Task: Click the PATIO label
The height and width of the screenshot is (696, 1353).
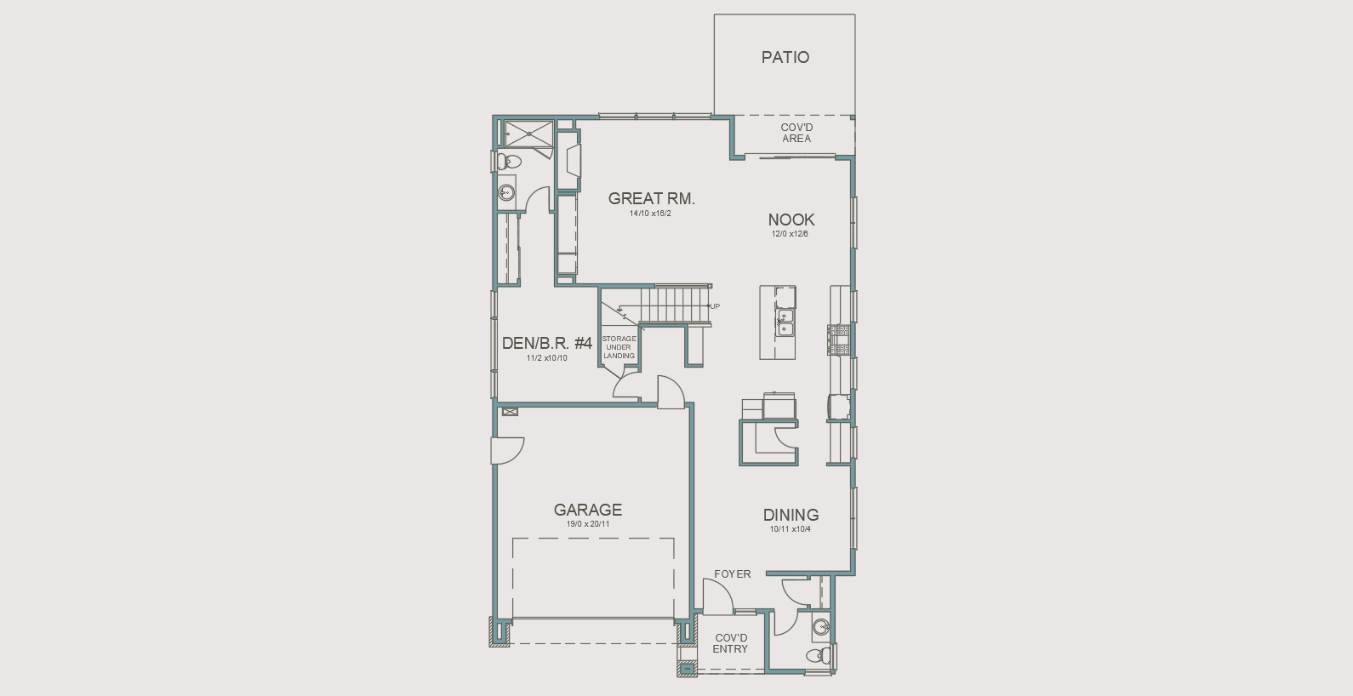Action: coord(785,58)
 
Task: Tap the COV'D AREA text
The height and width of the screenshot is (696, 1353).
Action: coord(796,134)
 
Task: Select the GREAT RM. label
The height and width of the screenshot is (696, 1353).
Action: coord(651,199)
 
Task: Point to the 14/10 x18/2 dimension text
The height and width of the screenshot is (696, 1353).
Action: coord(650,214)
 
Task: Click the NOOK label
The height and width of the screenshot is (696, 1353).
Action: coord(791,220)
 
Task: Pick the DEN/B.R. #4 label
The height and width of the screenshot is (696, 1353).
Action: coord(546,344)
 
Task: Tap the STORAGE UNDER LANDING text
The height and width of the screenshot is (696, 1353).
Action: coord(619,347)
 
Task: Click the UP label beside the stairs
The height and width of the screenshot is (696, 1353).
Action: coord(715,306)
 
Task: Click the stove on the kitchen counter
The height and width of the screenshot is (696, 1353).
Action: coord(839,339)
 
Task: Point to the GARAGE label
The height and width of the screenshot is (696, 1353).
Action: coord(587,511)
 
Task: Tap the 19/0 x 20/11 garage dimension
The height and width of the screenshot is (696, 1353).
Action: coord(587,524)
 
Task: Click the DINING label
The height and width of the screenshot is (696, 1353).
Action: coord(790,516)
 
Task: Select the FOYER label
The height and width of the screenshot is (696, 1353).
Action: coord(732,574)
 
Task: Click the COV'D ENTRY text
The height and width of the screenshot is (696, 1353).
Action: coord(730,643)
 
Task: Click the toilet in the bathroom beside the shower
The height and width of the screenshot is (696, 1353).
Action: coord(511,162)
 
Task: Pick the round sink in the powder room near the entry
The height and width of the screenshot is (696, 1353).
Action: coord(821,628)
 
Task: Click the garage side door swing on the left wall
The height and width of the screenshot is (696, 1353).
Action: coord(507,450)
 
